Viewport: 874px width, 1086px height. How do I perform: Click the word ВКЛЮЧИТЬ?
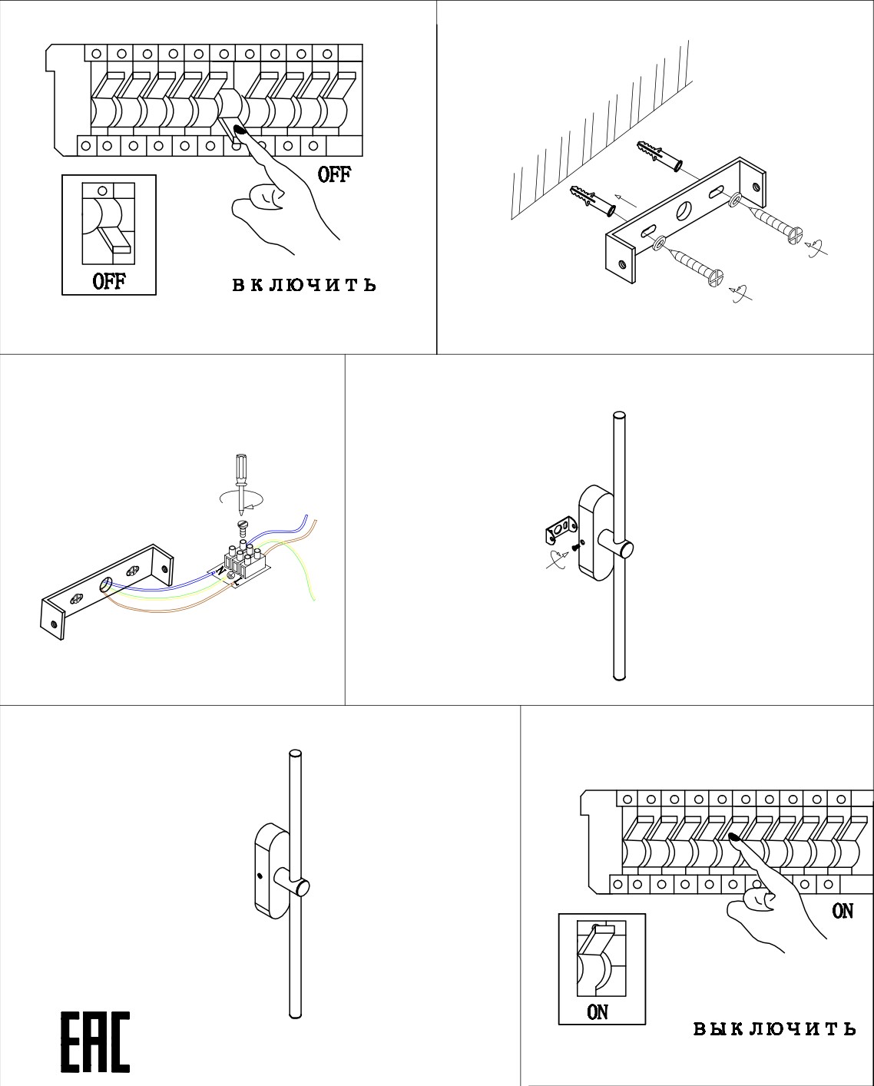(x=304, y=285)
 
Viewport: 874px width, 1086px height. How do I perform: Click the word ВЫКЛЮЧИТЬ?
(x=774, y=1028)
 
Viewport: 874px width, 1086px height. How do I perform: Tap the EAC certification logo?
(x=95, y=1042)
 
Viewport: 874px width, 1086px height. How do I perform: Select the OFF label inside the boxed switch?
(x=109, y=281)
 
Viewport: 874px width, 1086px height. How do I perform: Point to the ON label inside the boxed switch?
(x=598, y=1012)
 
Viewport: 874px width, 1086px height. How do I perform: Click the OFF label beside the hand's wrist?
(x=334, y=175)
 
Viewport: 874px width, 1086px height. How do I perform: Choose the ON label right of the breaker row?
(x=843, y=911)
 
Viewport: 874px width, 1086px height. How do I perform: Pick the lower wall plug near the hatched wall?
(x=591, y=200)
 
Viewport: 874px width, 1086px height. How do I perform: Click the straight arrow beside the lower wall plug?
(x=627, y=201)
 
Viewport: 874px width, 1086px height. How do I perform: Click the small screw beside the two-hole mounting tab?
(x=574, y=548)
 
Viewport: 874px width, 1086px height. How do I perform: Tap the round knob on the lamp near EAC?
(x=302, y=888)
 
